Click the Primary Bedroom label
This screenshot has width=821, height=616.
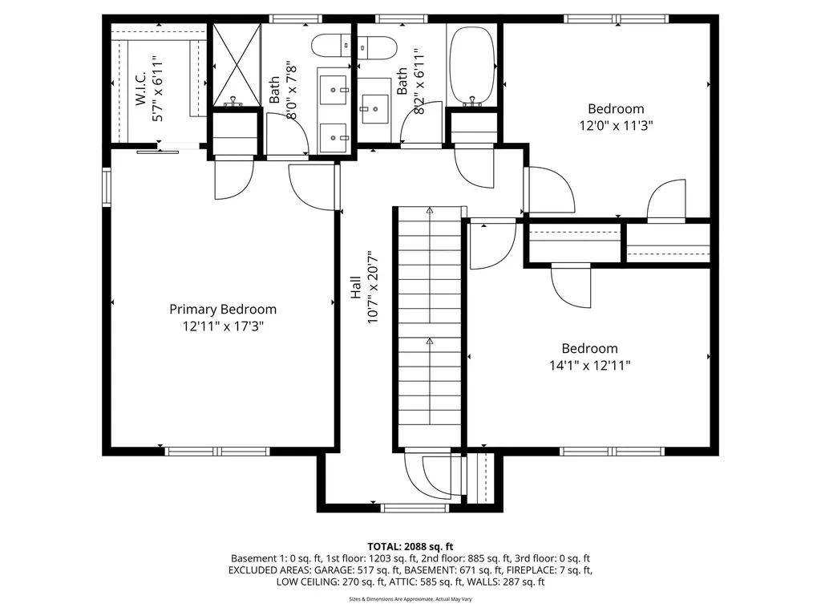pos(223,309)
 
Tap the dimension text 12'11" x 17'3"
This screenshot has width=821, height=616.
pos(223,326)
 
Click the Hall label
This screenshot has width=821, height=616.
pos(355,288)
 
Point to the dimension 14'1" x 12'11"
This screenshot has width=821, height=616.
pos(589,366)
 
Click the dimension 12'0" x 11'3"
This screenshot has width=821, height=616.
pos(616,126)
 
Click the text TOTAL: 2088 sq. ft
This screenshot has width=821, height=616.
pos(410,546)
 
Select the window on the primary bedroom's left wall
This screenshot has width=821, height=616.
pos(106,186)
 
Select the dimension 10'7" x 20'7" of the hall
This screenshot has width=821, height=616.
pos(372,288)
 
